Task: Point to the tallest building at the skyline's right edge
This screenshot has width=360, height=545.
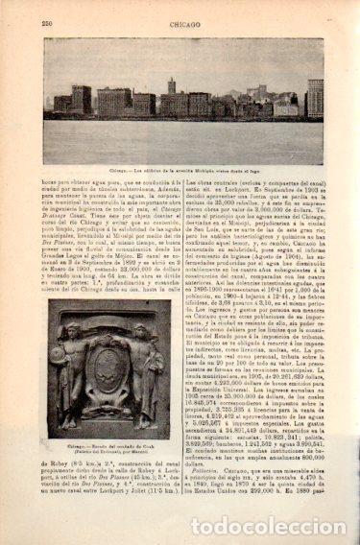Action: pyautogui.click(x=315, y=97)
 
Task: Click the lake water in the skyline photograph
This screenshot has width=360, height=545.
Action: pyautogui.click(x=182, y=130)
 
